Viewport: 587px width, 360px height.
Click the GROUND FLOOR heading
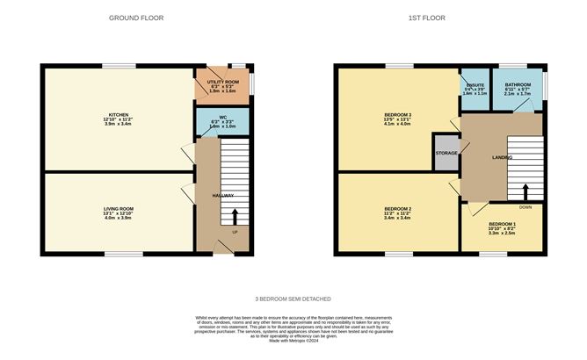point(135,18)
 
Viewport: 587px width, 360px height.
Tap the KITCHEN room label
point(119,114)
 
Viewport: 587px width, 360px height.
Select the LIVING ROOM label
point(118,208)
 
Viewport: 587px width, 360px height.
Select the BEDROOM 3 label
point(398,115)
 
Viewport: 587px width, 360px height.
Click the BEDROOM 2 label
point(398,208)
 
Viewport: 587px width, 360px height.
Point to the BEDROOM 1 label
point(503,224)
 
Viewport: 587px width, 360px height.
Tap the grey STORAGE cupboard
point(446,153)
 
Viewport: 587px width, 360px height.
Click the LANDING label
point(478,158)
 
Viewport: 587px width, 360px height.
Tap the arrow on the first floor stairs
point(525,191)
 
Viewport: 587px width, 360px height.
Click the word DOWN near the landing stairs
point(525,208)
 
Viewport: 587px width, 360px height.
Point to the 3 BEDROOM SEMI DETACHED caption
point(294,299)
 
